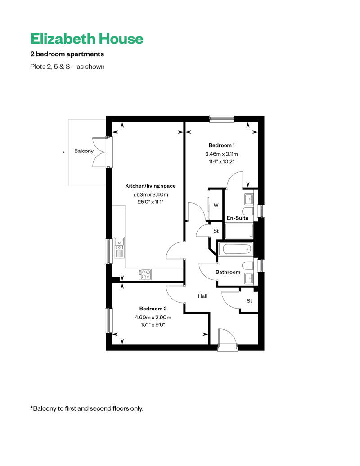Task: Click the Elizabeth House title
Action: (87, 39)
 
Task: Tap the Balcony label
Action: (84, 151)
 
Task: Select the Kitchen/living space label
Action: (150, 186)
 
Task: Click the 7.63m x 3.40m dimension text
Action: (150, 194)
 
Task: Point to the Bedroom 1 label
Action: (221, 145)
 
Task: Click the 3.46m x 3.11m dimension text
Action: (221, 154)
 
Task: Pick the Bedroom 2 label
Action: (153, 309)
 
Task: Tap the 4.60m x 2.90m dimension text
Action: (153, 317)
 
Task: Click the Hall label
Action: (202, 296)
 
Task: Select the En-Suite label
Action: (238, 218)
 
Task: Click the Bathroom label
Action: (228, 272)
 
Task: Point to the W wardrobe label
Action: (216, 205)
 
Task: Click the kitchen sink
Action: (120, 248)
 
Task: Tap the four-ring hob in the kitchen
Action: (145, 274)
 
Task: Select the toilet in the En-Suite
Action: (247, 211)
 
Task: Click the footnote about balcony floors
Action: (87, 408)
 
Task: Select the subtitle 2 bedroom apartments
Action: (67, 54)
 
